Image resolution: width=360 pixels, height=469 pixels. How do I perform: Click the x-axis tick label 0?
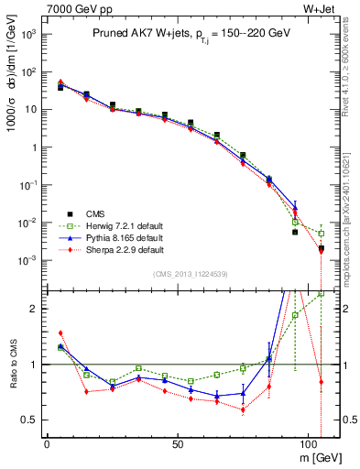[x=47, y=442]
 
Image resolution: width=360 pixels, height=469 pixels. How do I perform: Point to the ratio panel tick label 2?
[x=33, y=309]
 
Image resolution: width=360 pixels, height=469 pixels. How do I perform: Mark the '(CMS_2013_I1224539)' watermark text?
[x=190, y=274]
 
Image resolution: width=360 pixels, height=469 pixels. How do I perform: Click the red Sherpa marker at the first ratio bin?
[x=60, y=333]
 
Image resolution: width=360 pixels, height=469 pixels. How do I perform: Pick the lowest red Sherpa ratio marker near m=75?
[x=243, y=409]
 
